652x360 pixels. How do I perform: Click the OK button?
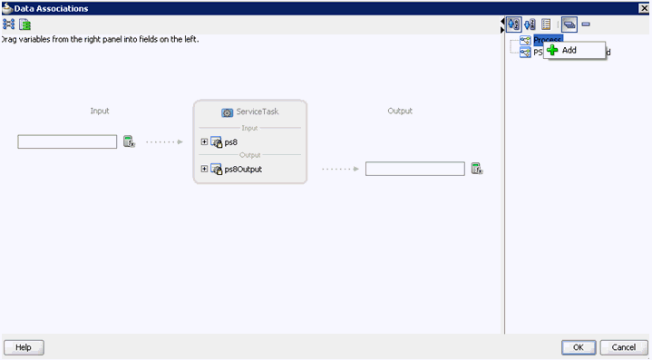578,347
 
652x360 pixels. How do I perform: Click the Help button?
24,347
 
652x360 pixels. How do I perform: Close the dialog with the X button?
644,7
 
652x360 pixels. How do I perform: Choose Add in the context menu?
569,50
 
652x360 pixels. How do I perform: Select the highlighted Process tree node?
547,40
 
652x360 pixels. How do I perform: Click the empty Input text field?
67,141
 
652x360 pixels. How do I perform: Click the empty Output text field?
415,169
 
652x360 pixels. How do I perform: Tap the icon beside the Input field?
129,141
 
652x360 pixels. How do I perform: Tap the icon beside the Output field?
476,169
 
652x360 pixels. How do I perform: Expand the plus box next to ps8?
205,141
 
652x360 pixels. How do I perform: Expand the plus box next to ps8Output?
205,169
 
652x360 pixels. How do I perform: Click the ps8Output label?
243,169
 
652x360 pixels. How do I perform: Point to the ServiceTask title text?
257,112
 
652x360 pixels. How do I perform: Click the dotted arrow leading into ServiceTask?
164,141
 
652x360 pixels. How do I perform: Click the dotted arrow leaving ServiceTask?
340,169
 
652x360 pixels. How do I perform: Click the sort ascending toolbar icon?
514,24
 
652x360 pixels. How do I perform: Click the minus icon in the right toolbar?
586,24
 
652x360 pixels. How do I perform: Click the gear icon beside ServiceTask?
228,112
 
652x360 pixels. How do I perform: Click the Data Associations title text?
51,7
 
